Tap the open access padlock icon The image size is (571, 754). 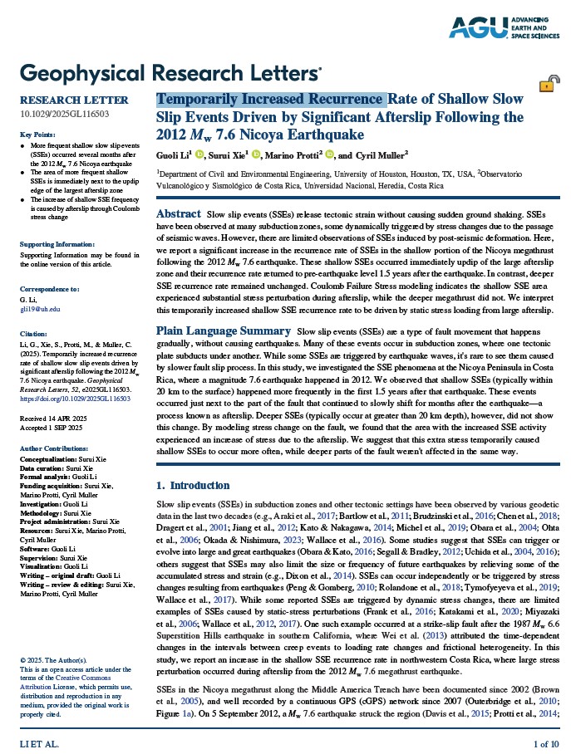pyautogui.click(x=549, y=84)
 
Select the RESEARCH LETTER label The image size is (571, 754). pyautogui.click(x=62, y=100)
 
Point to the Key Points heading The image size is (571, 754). pyautogui.click(x=37, y=135)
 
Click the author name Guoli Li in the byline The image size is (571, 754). pyautogui.click(x=173, y=154)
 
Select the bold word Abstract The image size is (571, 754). pyautogui.click(x=178, y=214)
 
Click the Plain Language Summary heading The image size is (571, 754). pyautogui.click(x=224, y=330)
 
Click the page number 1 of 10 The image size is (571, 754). pyautogui.click(x=546, y=742)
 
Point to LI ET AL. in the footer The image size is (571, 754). pyautogui.click(x=39, y=742)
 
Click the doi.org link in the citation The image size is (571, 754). pyautogui.click(x=75, y=398)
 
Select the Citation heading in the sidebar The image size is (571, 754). pyautogui.click(x=34, y=332)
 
